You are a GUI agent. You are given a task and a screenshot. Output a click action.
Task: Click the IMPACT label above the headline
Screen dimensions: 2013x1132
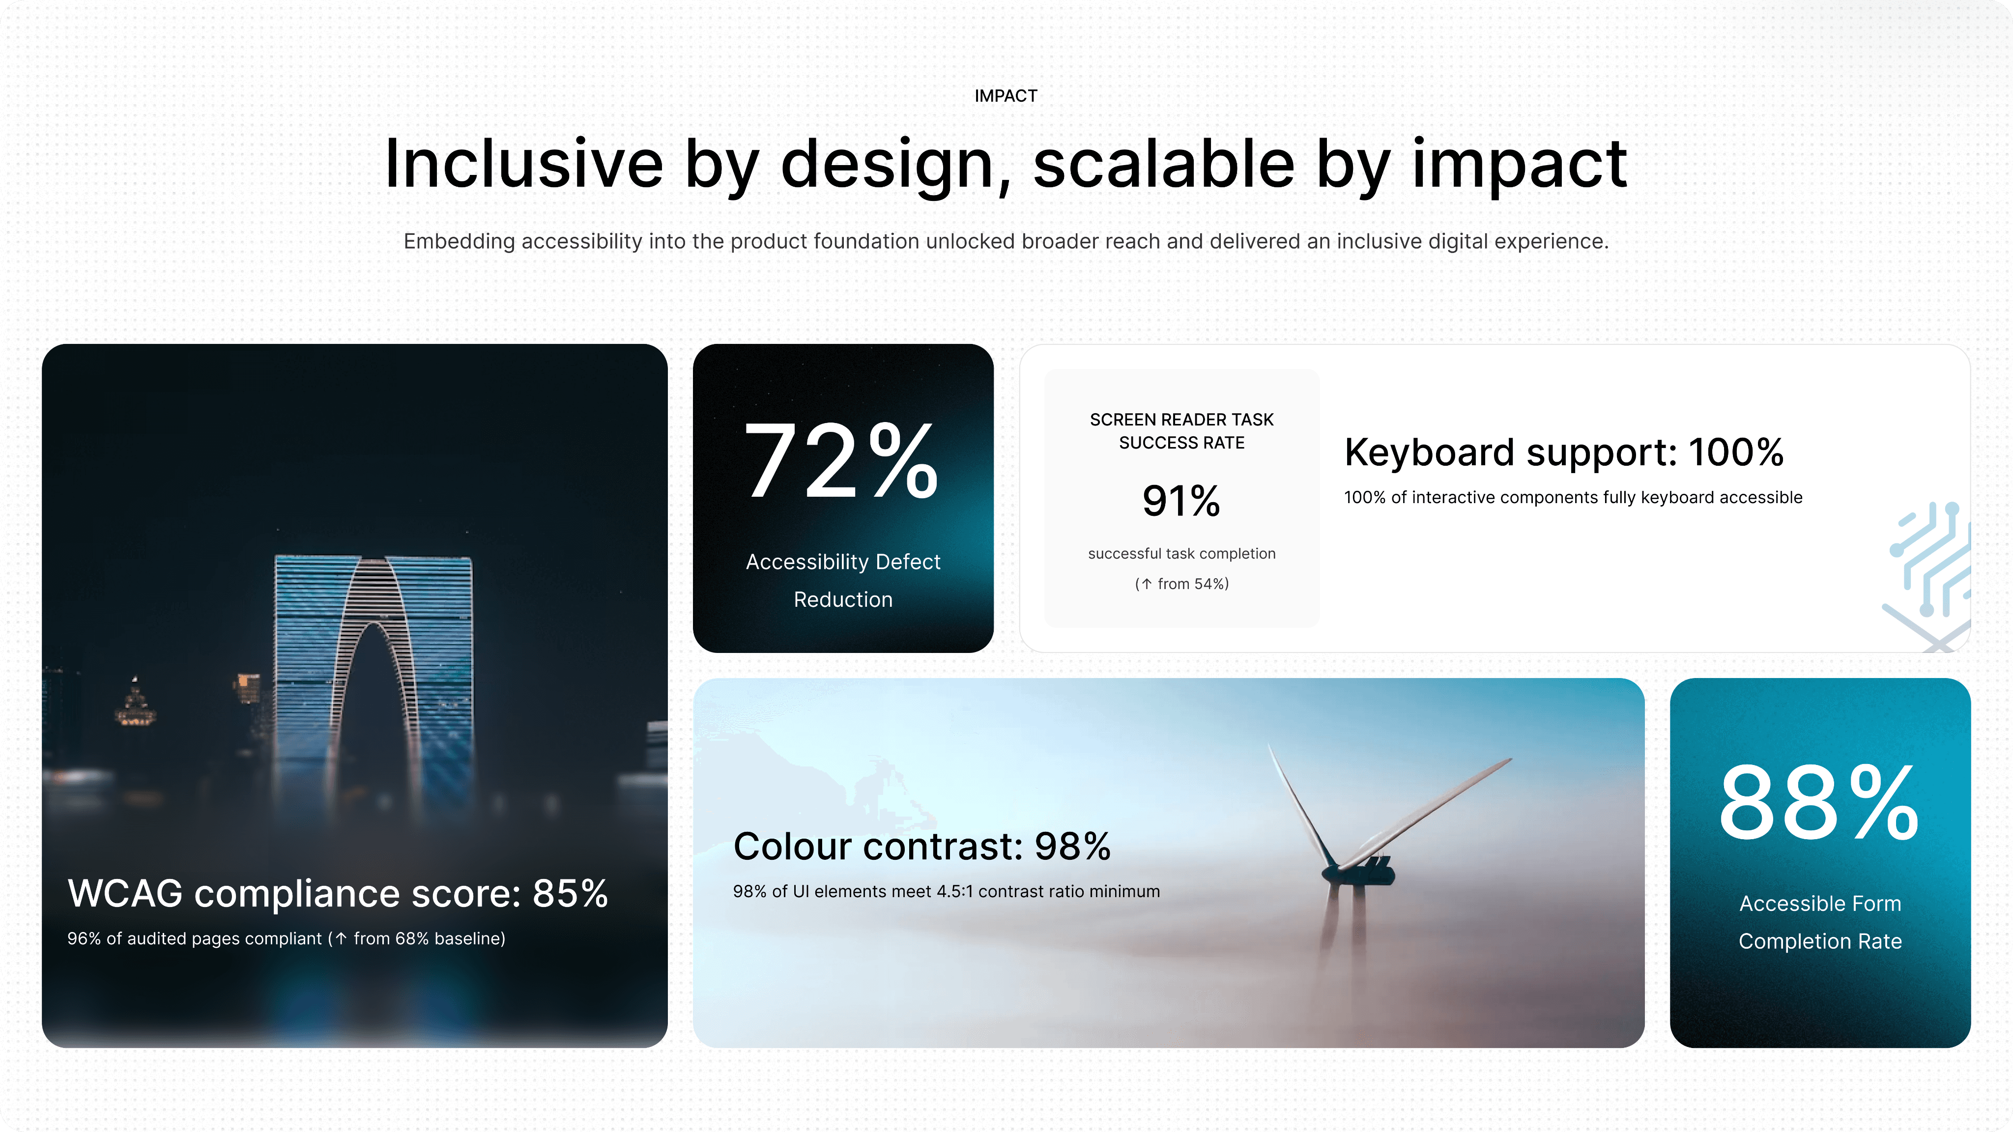coord(1006,96)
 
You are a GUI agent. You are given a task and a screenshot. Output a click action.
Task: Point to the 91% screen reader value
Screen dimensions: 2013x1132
coord(1181,501)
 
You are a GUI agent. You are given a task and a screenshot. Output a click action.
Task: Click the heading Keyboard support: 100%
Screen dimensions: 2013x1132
coord(1564,453)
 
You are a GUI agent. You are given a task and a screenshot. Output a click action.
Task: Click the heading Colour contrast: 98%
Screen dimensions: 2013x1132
coord(922,846)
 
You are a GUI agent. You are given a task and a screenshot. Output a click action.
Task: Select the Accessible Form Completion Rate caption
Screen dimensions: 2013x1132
coord(1820,922)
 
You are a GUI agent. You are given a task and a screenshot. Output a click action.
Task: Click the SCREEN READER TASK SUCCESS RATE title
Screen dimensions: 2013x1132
coord(1181,431)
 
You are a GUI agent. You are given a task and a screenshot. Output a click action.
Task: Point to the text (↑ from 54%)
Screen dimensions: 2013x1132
coord(1181,584)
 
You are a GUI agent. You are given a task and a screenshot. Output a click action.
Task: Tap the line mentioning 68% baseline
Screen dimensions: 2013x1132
coord(286,938)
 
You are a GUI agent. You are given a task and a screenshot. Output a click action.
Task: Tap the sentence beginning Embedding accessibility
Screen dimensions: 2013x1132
coord(1006,241)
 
